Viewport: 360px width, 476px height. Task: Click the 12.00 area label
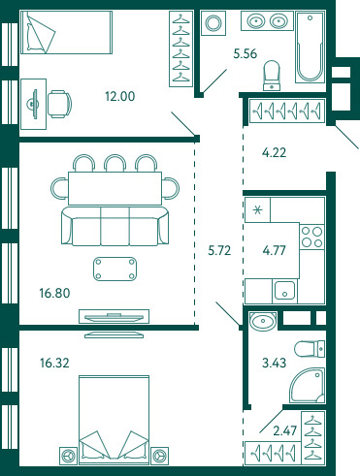(x=120, y=96)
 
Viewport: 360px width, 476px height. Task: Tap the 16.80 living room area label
(x=54, y=293)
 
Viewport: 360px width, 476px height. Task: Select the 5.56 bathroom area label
(x=245, y=53)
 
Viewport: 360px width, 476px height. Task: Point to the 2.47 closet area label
(x=285, y=430)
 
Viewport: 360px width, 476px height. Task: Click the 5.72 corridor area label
(x=219, y=250)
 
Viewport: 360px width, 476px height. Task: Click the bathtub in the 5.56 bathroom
(x=310, y=48)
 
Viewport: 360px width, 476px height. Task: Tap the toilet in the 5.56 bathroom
(x=272, y=76)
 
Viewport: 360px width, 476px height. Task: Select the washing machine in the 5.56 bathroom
(x=213, y=23)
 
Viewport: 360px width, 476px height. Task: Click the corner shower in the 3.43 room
(x=308, y=385)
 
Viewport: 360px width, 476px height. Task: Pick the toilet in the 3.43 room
(x=310, y=349)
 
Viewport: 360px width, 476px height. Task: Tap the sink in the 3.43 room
(x=263, y=321)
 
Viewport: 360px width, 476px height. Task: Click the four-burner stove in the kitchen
(x=312, y=237)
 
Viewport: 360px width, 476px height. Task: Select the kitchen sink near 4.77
(x=284, y=290)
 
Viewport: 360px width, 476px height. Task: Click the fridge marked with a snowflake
(x=257, y=210)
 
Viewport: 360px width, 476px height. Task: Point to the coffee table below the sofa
(x=115, y=269)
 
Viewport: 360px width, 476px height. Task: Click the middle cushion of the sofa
(x=115, y=226)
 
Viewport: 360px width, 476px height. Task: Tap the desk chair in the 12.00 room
(x=59, y=104)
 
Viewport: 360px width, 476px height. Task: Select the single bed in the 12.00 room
(x=66, y=32)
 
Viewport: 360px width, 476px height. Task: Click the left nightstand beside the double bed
(x=69, y=456)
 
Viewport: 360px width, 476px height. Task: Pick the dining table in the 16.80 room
(x=115, y=188)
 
